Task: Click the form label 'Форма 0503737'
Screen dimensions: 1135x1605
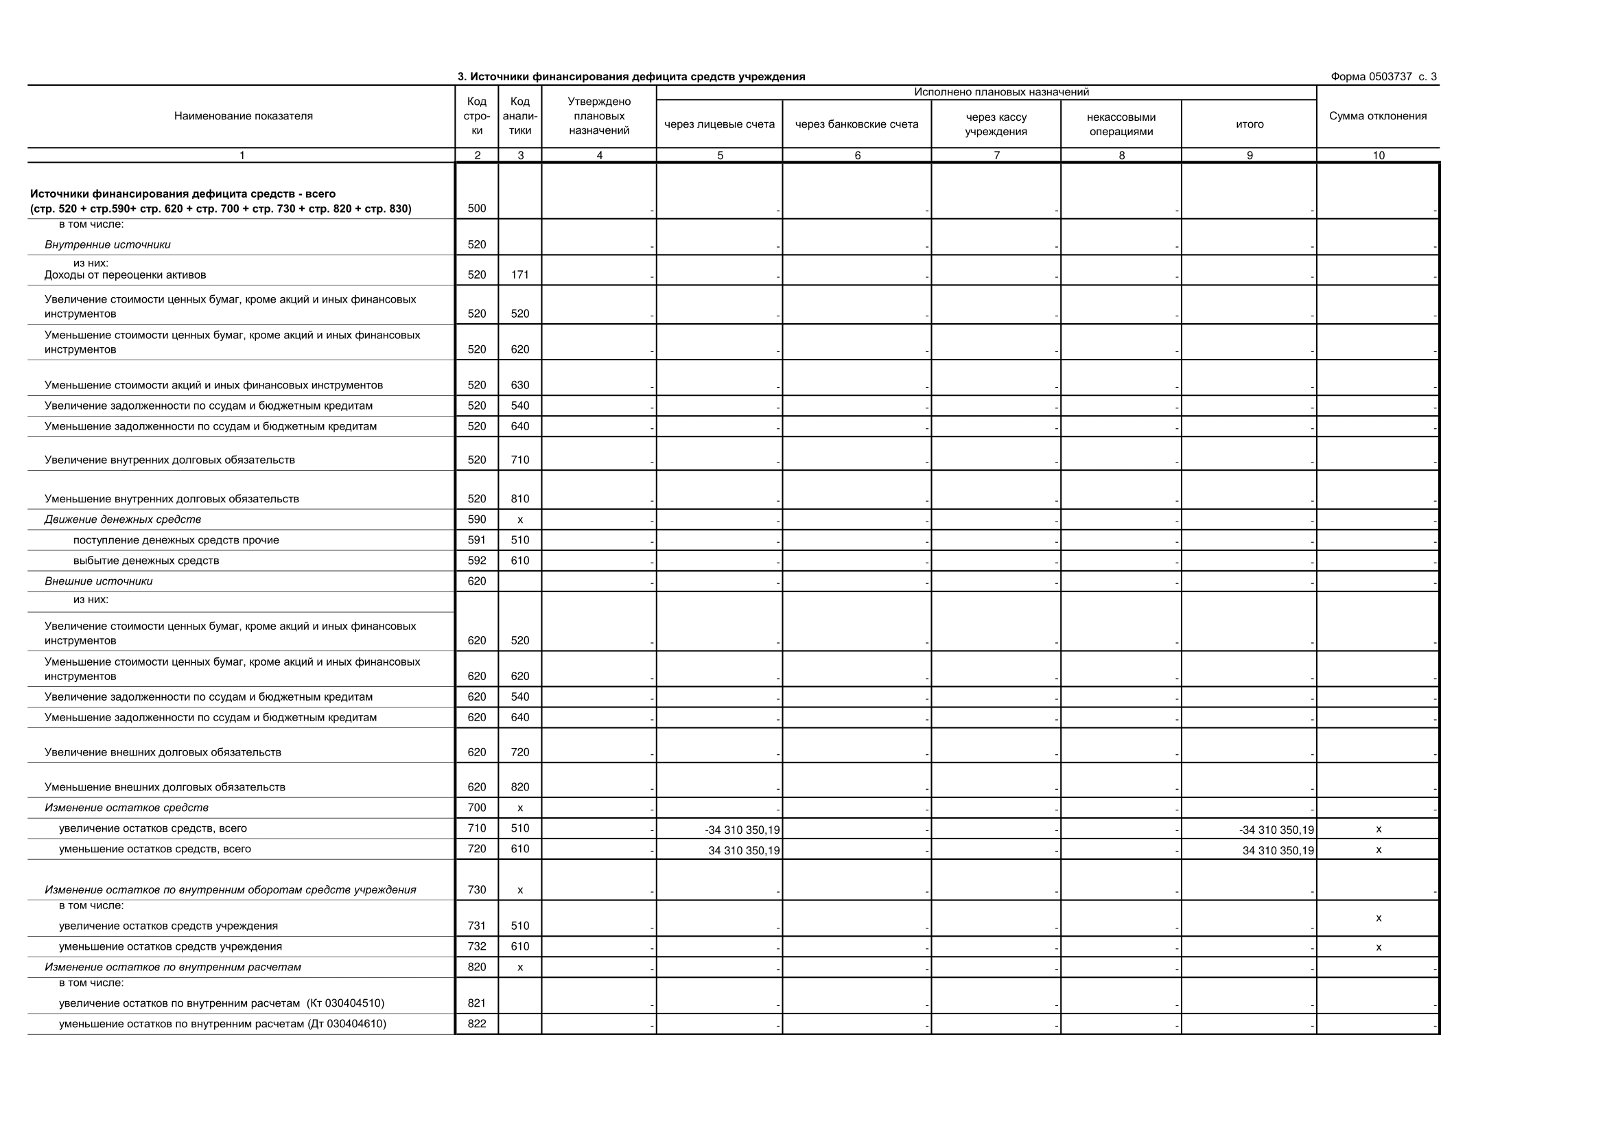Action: coord(1371,77)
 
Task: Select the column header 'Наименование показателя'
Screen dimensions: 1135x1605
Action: coord(244,116)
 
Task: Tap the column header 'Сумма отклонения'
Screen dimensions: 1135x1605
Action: coord(1377,116)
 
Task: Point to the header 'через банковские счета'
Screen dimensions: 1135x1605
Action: coord(856,124)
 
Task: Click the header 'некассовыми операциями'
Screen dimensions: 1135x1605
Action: coord(1121,124)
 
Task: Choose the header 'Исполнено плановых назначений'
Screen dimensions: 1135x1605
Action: coord(1001,92)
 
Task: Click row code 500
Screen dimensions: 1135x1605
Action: coord(477,209)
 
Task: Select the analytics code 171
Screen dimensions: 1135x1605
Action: coord(519,274)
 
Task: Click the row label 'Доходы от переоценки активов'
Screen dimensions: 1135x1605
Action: coord(125,274)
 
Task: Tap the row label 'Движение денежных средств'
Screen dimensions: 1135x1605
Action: coord(122,519)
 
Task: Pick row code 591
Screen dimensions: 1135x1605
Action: coord(477,540)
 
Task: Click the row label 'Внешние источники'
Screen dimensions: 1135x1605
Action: coord(99,581)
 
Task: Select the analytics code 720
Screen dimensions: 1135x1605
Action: coord(519,752)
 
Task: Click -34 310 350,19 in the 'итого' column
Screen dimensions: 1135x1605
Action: coord(1276,830)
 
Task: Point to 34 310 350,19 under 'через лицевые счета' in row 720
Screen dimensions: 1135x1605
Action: coord(744,850)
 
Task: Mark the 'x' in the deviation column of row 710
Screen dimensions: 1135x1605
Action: coord(1378,830)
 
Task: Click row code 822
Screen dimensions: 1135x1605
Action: coord(477,1024)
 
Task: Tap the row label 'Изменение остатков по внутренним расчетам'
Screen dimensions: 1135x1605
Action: coord(173,968)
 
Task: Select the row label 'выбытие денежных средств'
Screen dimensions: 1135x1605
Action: coord(146,561)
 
